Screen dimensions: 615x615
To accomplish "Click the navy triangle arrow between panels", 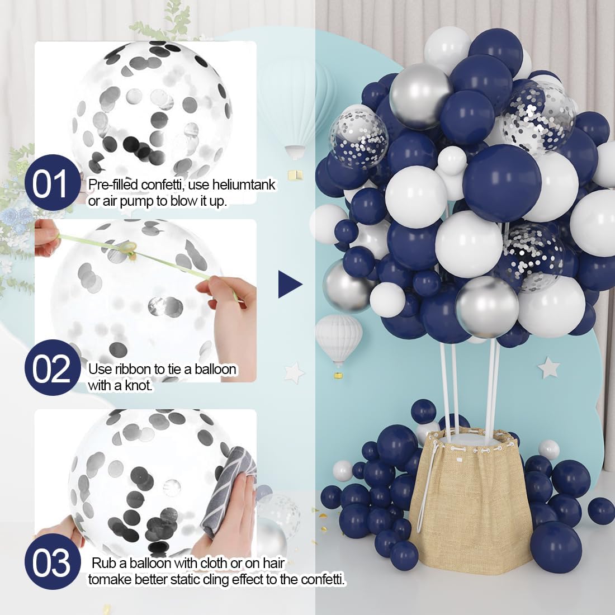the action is tap(290, 284).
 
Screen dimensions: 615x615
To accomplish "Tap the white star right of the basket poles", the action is tap(548, 367).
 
